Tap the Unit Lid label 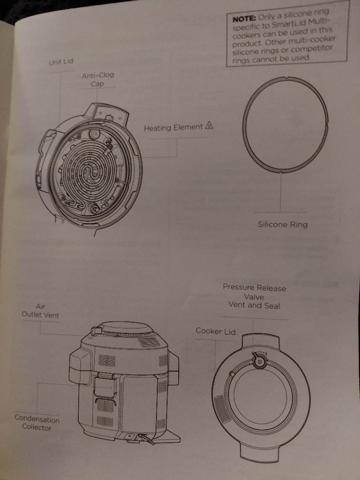61,62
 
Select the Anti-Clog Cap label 97,79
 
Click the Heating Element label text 173,127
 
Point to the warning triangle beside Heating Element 209,125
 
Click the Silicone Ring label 283,225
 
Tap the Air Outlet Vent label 40,310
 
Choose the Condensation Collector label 37,422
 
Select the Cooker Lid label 216,331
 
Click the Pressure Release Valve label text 254,292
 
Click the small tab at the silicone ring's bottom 281,173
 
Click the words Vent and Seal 254,305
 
